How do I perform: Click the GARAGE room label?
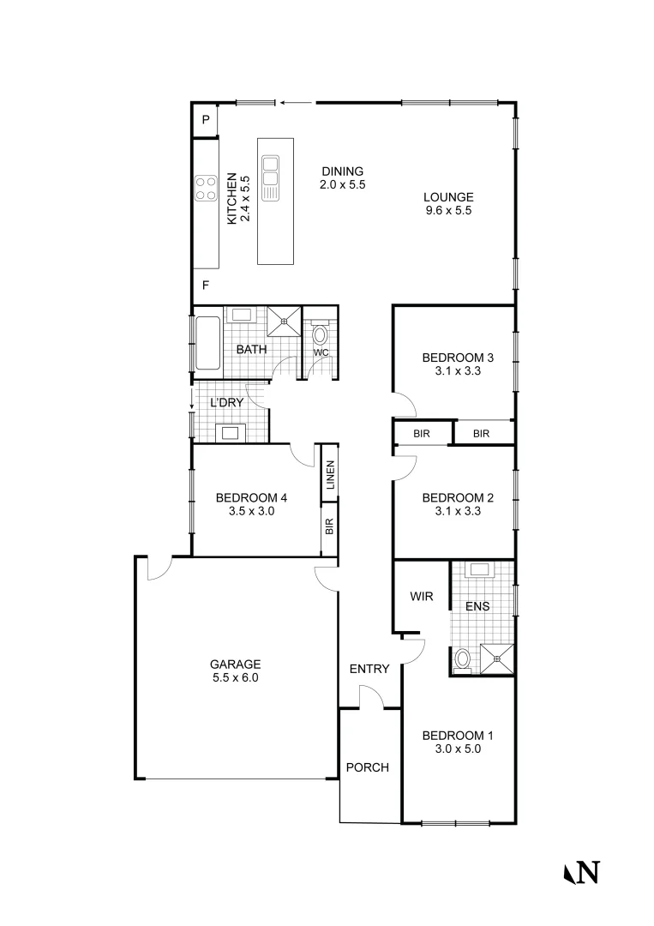click(234, 664)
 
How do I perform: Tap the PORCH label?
click(367, 767)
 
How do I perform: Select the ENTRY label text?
click(369, 669)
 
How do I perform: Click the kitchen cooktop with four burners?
click(206, 188)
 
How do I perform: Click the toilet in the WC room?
click(321, 334)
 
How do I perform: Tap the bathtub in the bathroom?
click(208, 344)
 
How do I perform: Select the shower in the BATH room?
click(284, 321)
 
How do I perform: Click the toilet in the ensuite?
click(463, 658)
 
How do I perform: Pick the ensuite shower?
click(496, 658)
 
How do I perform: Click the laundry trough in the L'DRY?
click(231, 432)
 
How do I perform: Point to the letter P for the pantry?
click(206, 121)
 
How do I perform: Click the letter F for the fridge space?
click(206, 286)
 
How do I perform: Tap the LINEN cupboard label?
click(329, 478)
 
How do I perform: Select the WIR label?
click(420, 595)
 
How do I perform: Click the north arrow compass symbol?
click(581, 872)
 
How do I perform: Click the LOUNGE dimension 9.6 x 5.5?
click(448, 210)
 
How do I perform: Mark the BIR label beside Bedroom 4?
click(329, 526)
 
